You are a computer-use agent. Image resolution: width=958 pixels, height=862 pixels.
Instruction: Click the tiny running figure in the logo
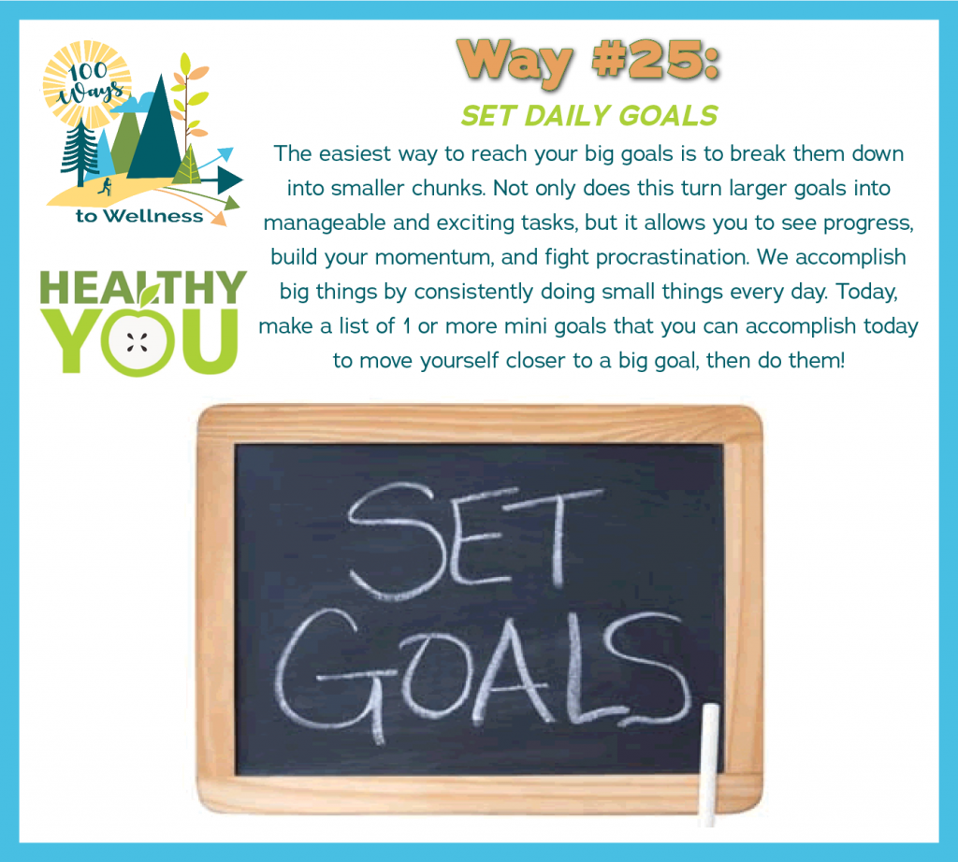[x=105, y=187]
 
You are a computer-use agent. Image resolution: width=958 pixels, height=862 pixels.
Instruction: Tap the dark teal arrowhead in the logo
[x=230, y=180]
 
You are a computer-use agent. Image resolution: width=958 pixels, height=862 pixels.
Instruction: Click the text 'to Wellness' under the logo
[x=139, y=216]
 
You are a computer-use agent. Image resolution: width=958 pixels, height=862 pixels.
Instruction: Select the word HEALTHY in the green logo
[x=143, y=287]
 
